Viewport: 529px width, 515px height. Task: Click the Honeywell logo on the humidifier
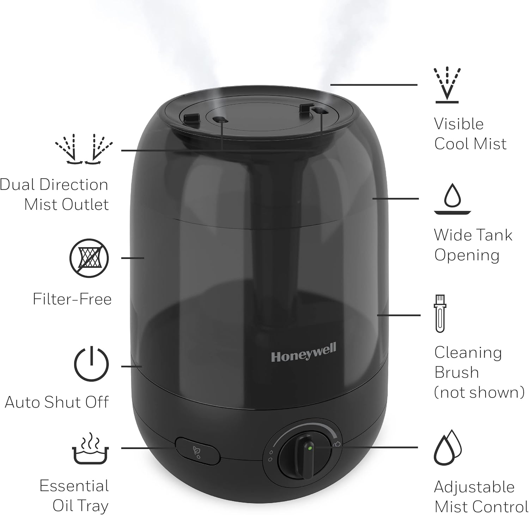click(x=304, y=353)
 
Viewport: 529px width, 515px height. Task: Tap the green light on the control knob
click(x=309, y=448)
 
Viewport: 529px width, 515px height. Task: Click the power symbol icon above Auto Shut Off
click(x=91, y=364)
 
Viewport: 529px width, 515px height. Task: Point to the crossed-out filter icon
click(x=89, y=258)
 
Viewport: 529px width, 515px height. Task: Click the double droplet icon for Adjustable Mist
click(x=448, y=448)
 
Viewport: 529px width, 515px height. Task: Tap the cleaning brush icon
click(x=440, y=314)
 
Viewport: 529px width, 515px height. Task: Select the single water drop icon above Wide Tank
click(x=452, y=198)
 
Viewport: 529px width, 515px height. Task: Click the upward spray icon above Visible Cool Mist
click(x=447, y=84)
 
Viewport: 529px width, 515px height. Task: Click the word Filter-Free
click(x=72, y=299)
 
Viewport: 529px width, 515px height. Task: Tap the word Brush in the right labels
click(x=456, y=373)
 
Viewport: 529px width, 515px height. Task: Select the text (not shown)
click(x=479, y=392)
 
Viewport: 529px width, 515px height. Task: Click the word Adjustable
click(x=474, y=487)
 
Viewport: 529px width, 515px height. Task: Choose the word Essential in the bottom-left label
click(x=74, y=486)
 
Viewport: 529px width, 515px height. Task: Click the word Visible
click(x=458, y=124)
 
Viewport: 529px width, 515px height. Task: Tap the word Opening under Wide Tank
click(x=467, y=255)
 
